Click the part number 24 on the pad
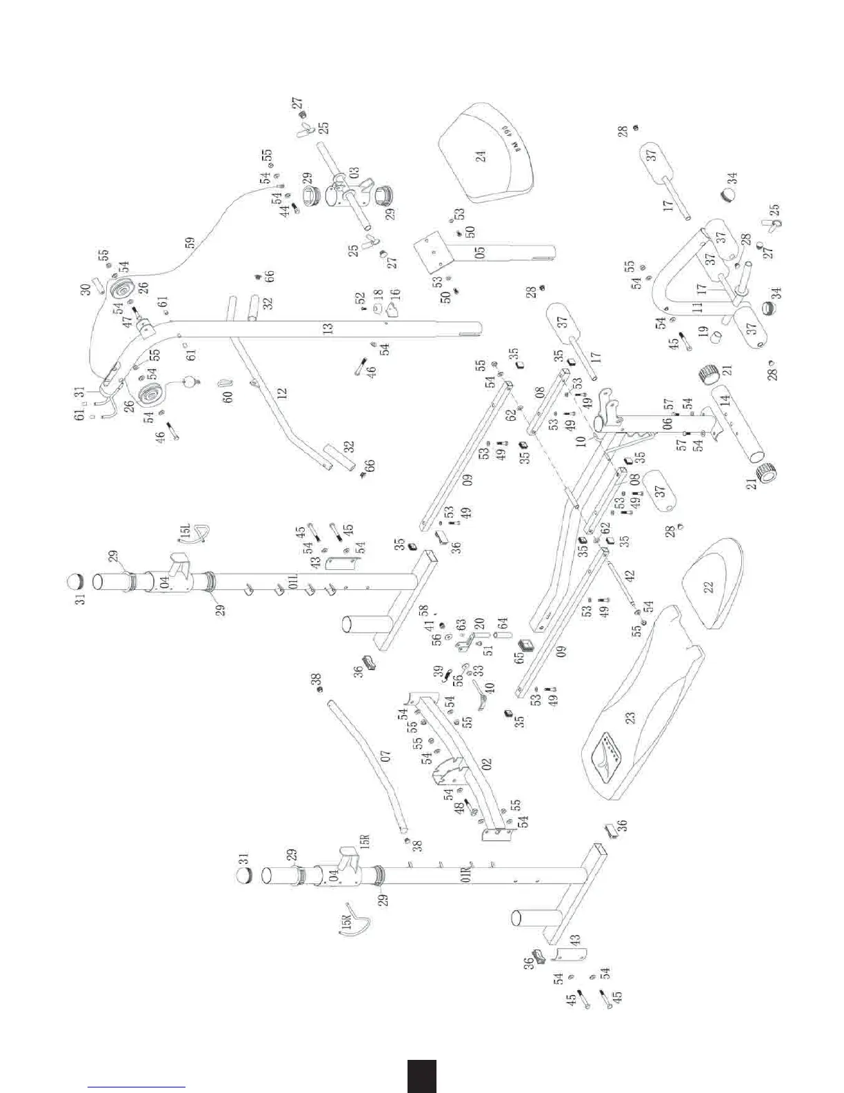click(481, 155)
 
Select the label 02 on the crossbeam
click(486, 765)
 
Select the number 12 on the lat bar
click(281, 395)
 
